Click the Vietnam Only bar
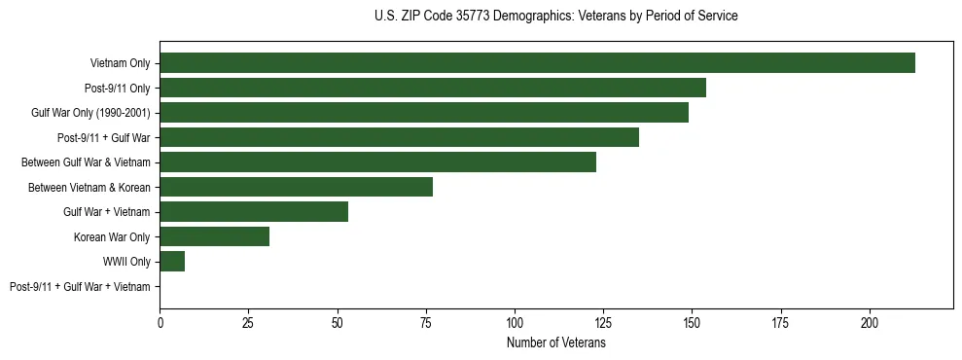537,63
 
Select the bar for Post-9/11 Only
433,88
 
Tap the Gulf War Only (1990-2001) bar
424,113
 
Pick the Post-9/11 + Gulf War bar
399,137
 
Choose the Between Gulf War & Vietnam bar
377,162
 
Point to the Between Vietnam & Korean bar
296,187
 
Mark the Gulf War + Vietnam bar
254,212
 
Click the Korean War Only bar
215,236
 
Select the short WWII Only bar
172,262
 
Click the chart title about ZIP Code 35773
555,17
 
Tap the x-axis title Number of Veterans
555,343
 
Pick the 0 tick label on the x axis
160,322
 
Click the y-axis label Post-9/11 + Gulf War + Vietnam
80,287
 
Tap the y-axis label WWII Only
126,262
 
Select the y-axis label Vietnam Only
120,63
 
